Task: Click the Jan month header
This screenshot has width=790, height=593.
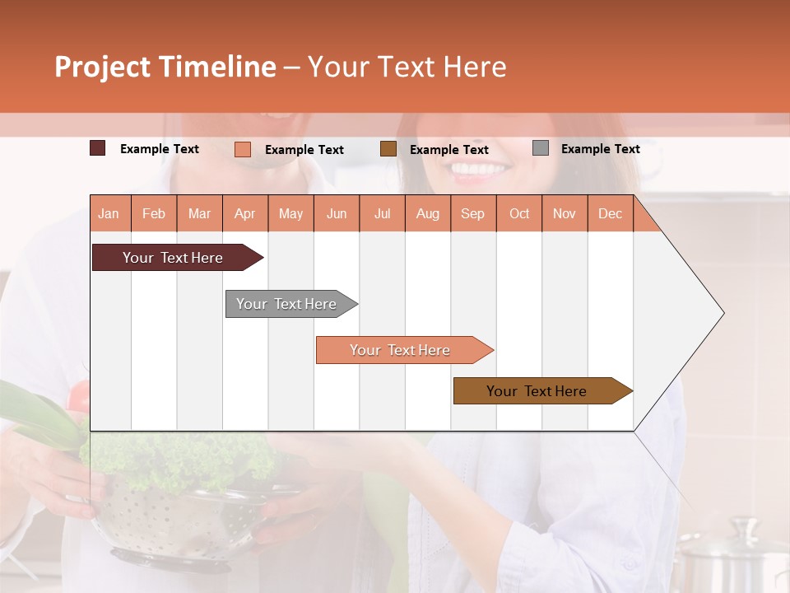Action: point(109,214)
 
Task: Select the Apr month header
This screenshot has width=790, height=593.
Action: point(244,214)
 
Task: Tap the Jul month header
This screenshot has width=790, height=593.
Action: point(382,214)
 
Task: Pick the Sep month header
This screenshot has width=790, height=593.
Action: point(472,214)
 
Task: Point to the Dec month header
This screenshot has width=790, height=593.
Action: point(610,214)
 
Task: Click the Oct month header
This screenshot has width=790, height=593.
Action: point(518,214)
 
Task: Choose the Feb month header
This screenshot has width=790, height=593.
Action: point(154,214)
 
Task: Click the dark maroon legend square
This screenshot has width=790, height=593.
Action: point(98,148)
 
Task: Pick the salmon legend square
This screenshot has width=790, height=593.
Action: point(242,149)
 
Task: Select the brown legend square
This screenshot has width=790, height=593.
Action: point(388,149)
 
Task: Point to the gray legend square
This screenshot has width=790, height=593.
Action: point(541,148)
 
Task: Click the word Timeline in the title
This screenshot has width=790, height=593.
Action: point(217,67)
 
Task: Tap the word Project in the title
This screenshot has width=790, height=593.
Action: point(101,67)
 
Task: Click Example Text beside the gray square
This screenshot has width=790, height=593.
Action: point(600,149)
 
